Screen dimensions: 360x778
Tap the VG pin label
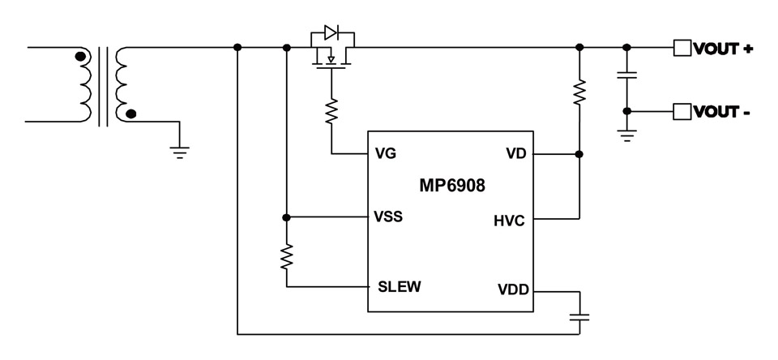[386, 153]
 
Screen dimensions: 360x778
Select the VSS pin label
[388, 217]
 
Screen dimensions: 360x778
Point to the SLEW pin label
[399, 285]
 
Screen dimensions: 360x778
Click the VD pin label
[515, 153]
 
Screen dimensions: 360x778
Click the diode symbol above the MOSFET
[331, 33]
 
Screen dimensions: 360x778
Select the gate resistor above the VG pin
[331, 111]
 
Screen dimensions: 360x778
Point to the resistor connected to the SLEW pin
[286, 258]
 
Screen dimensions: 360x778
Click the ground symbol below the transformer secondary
[180, 151]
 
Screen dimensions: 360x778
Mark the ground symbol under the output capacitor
[626, 135]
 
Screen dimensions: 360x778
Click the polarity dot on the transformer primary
[79, 57]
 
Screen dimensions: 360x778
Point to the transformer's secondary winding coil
[124, 84]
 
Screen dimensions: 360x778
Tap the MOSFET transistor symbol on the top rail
[331, 57]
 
